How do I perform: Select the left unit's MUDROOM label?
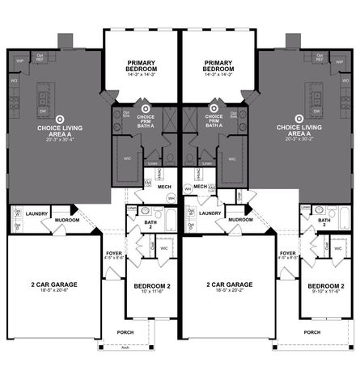66,219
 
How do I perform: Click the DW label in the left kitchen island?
42,111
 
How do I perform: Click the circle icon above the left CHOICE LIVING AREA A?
50,117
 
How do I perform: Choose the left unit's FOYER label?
114,254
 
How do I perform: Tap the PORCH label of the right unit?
311,332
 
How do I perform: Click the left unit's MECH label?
164,187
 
